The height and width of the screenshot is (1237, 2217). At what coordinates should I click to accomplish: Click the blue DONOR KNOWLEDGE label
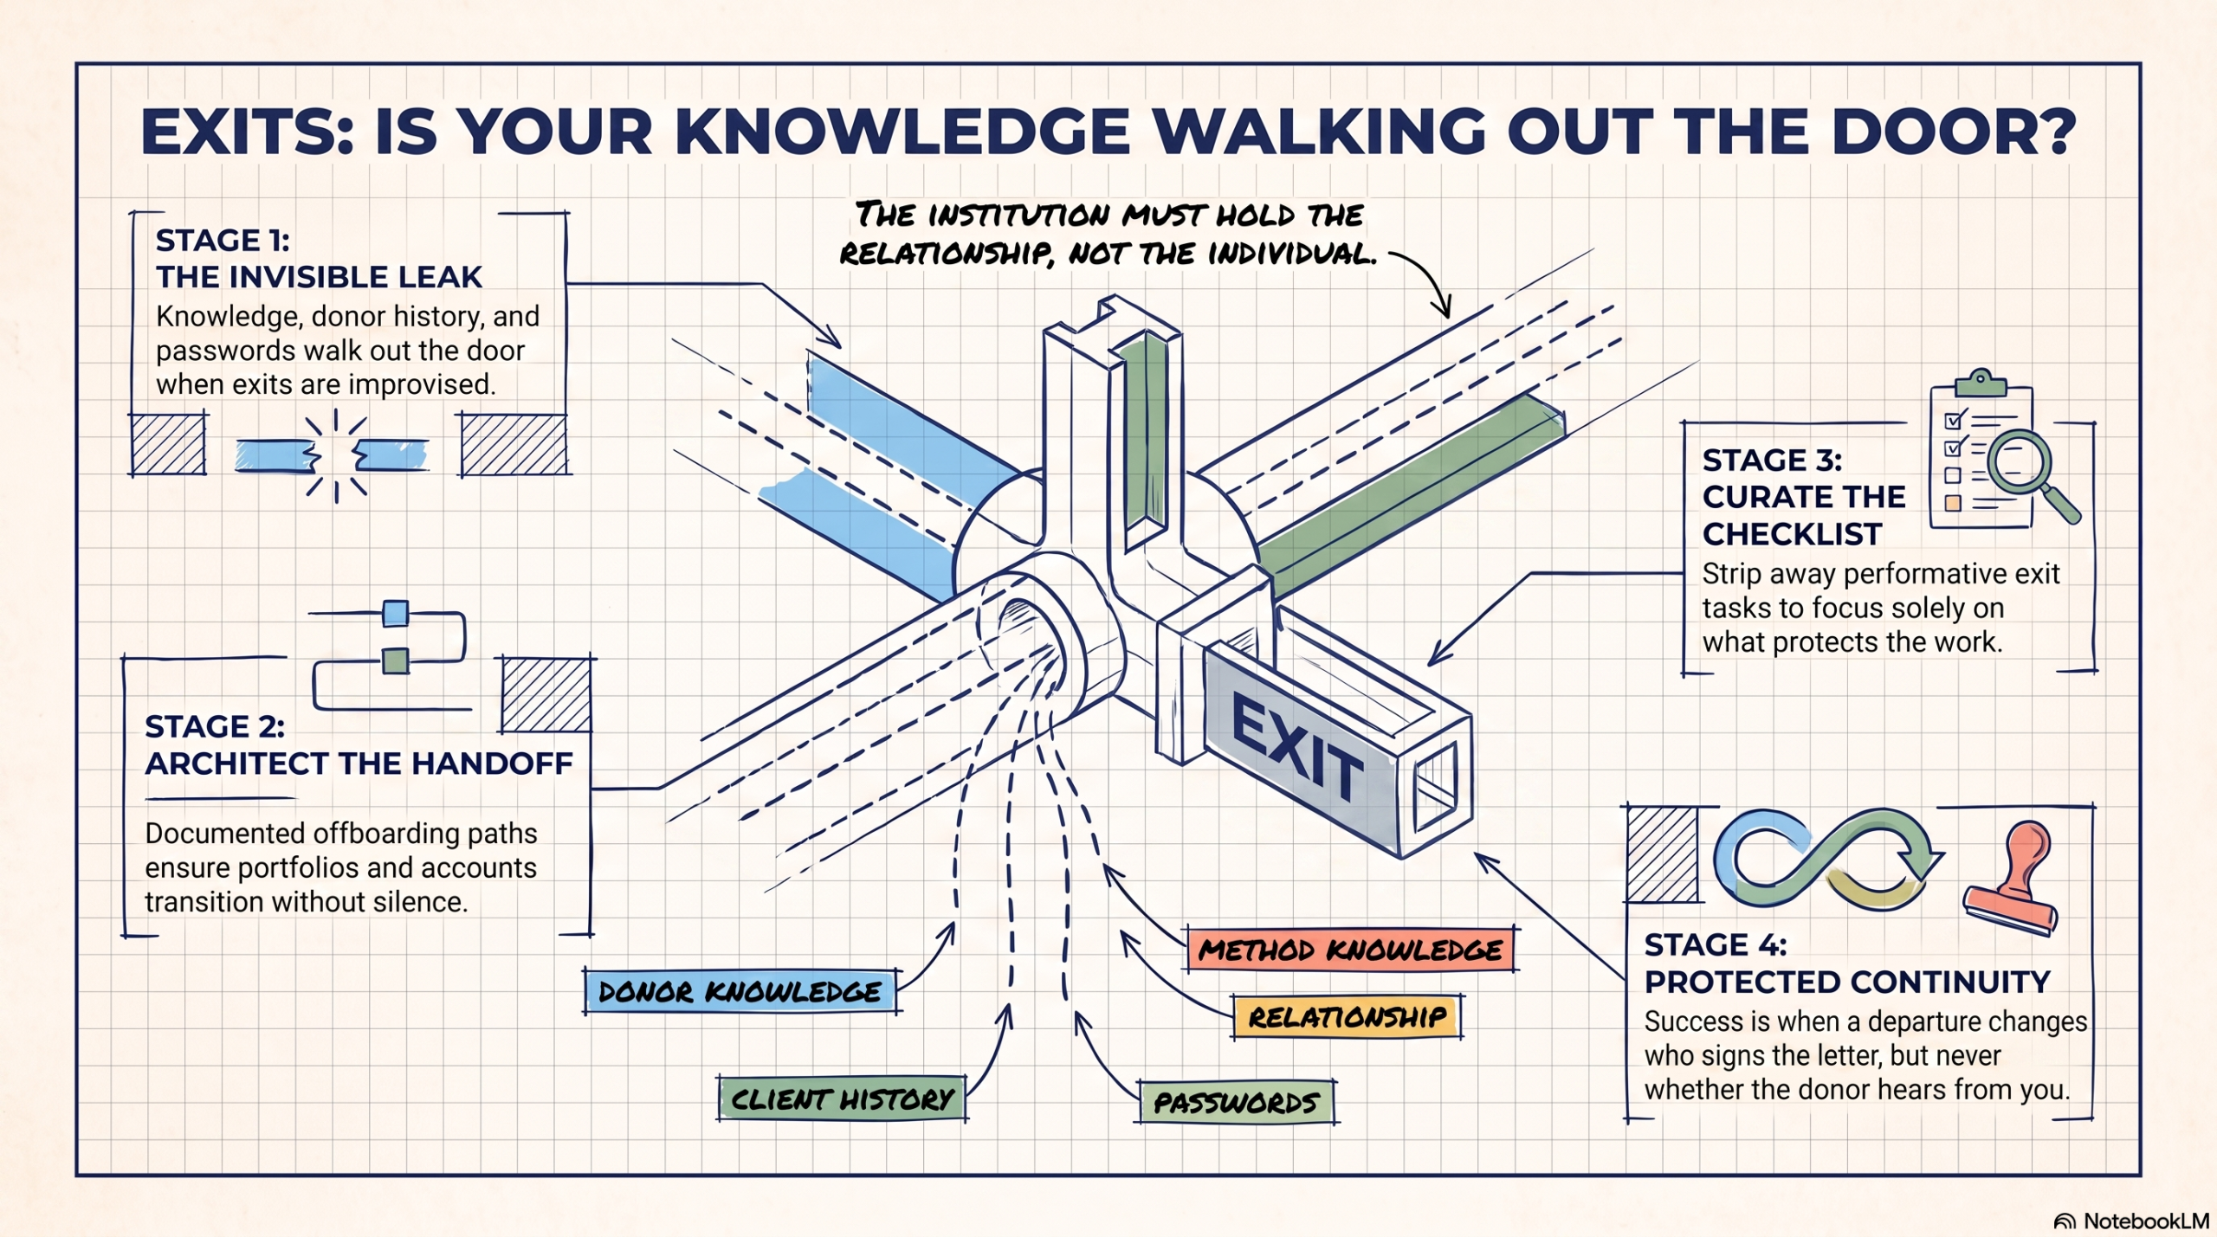pyautogui.click(x=740, y=991)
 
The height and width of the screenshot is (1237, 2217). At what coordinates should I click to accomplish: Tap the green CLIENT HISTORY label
pyautogui.click(x=842, y=1099)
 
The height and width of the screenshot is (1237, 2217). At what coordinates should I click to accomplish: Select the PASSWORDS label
pyautogui.click(x=1237, y=1102)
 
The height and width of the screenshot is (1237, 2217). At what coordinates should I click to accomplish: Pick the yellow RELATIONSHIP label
pyautogui.click(x=1348, y=1016)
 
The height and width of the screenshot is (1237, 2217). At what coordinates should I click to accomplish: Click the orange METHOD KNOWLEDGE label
pyautogui.click(x=1351, y=950)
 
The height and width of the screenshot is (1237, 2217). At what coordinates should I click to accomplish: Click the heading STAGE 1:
pyautogui.click(x=223, y=240)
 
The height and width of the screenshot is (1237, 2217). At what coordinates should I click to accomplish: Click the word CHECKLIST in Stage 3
pyautogui.click(x=1792, y=534)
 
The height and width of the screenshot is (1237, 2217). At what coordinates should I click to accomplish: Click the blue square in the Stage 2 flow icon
pyautogui.click(x=396, y=613)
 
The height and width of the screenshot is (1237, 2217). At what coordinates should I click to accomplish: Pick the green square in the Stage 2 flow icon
pyautogui.click(x=396, y=660)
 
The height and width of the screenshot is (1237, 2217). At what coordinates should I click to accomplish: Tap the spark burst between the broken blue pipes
pyautogui.click(x=336, y=455)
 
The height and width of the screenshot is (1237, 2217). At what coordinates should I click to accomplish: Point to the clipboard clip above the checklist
pyautogui.click(x=1980, y=381)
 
